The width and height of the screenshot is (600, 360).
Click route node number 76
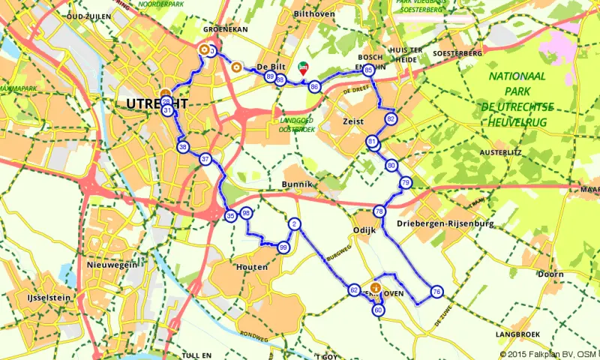[x=436, y=292]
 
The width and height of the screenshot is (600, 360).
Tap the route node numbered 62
[x=354, y=289]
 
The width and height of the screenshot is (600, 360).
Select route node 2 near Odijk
[x=295, y=224]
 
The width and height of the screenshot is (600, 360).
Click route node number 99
[x=283, y=247]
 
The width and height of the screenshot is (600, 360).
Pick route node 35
[x=230, y=216]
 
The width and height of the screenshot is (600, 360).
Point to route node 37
[x=205, y=159]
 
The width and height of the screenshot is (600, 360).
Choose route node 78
[x=379, y=211]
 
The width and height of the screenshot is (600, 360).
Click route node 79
[x=405, y=183]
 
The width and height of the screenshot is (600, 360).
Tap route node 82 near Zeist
[x=390, y=119]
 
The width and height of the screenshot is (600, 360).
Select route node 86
[x=315, y=86]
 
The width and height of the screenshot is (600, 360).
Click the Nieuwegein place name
[x=109, y=265]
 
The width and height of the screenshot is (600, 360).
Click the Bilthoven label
[x=313, y=14]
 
